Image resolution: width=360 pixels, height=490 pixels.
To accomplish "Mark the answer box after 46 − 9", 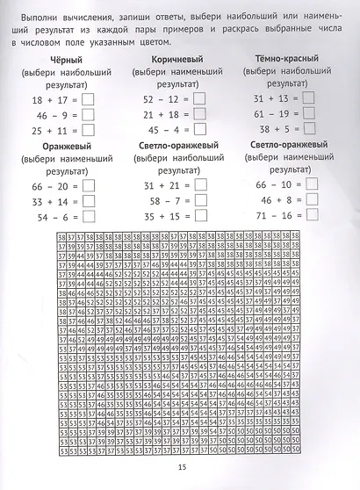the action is tap(85, 115).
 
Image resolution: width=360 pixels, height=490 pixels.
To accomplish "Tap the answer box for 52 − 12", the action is tap(198, 100).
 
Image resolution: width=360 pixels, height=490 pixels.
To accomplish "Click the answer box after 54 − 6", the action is tap(85, 217).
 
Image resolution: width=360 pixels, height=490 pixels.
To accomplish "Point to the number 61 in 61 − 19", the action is tap(261, 113).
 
